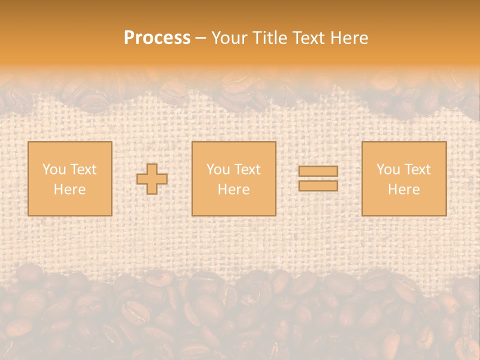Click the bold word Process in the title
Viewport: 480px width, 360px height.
tap(157, 38)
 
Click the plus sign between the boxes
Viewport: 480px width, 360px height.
tap(152, 179)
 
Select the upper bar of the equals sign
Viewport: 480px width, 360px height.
tap(318, 171)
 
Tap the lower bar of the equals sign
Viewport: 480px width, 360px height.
tap(318, 186)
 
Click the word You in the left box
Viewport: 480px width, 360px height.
tap(54, 169)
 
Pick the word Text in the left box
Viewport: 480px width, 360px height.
tap(82, 169)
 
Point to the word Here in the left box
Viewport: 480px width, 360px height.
tap(69, 189)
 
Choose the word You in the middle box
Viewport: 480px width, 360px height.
tap(218, 169)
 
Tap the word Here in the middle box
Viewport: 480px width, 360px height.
tap(233, 189)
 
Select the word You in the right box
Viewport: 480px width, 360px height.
tap(388, 169)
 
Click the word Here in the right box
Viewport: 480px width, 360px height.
tap(403, 189)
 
